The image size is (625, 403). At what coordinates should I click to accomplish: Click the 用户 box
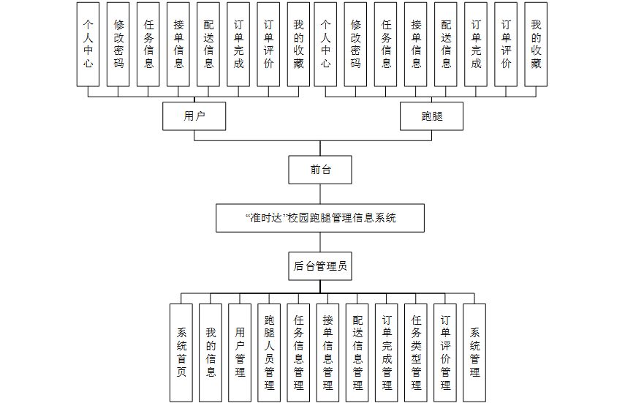click(194, 116)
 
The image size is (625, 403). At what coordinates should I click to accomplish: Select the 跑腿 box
click(431, 116)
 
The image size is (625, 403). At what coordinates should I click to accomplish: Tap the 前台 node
click(320, 170)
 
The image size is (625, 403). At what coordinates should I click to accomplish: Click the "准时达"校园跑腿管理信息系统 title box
click(320, 218)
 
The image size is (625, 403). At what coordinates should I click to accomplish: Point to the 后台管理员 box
click(320, 266)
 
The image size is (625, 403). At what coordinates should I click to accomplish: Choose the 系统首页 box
click(181, 353)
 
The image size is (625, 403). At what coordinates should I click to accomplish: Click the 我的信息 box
click(211, 353)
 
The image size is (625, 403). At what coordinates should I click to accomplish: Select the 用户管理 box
click(240, 353)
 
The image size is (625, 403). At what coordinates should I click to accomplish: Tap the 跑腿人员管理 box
click(269, 353)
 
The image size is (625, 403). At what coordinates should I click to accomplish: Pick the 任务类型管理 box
click(416, 353)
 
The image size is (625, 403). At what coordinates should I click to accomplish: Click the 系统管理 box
click(474, 353)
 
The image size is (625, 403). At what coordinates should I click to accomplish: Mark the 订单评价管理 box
click(445, 353)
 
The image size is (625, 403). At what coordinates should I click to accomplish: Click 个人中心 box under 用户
click(88, 44)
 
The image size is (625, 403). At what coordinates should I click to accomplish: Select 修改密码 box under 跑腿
click(355, 44)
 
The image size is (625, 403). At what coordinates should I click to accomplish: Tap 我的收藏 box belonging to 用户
click(298, 44)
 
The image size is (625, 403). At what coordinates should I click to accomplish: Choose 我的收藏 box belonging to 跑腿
click(536, 44)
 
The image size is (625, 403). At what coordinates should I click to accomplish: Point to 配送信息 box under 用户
click(208, 44)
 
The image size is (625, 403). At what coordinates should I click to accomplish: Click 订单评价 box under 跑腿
click(506, 44)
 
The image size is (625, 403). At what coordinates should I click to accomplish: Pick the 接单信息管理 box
click(327, 353)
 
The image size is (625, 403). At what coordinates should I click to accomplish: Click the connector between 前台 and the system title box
click(320, 194)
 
